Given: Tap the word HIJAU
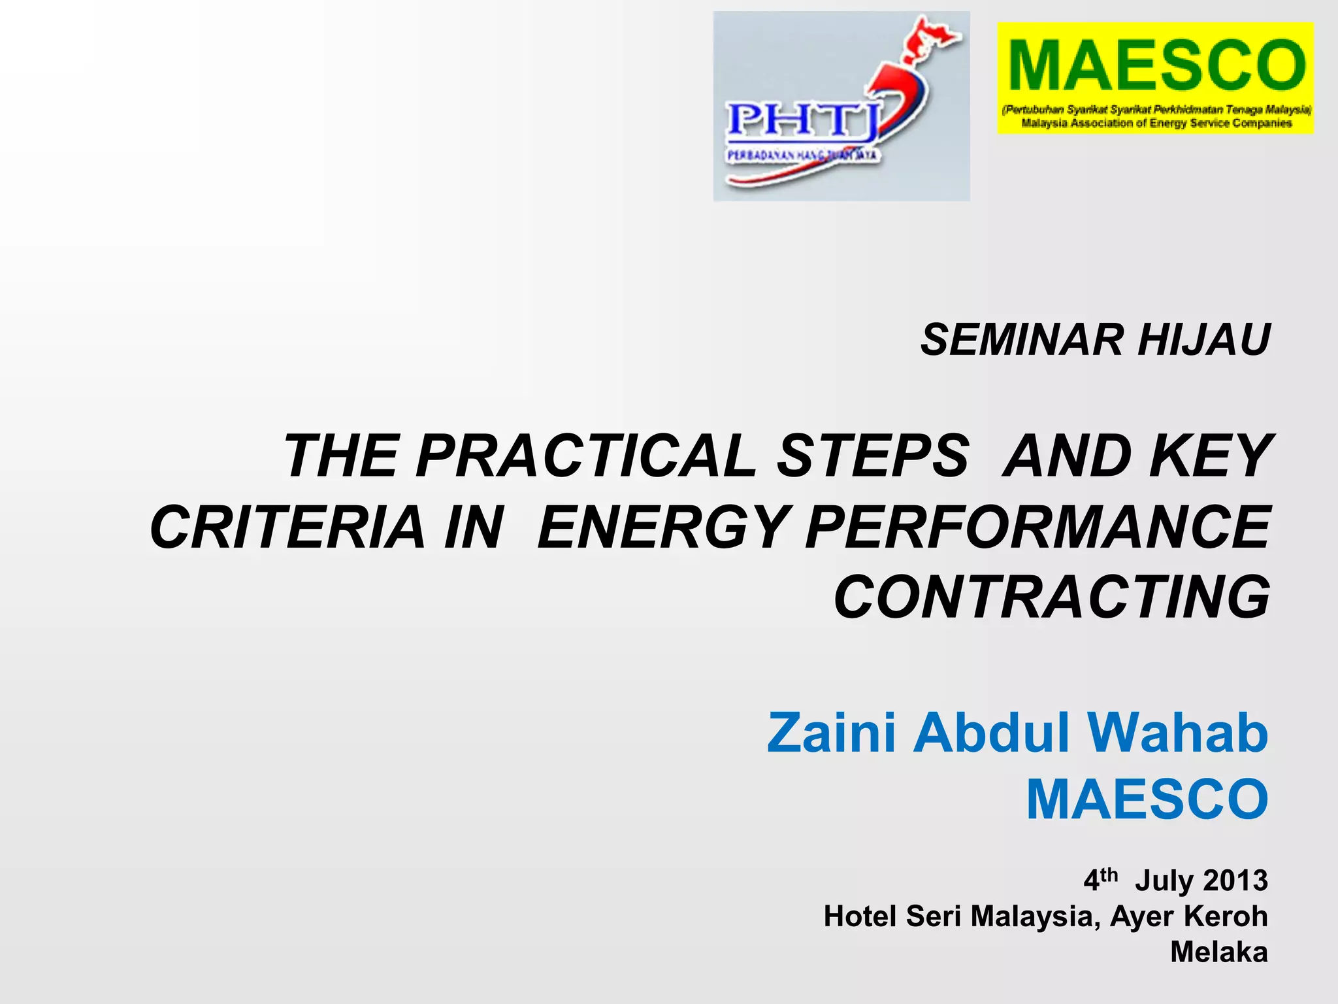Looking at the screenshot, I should (x=1203, y=341).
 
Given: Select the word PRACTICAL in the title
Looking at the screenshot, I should (x=585, y=456).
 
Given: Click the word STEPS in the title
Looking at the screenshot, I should (x=872, y=456).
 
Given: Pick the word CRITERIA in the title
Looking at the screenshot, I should (x=287, y=527).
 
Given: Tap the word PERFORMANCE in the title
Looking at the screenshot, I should (x=1039, y=527).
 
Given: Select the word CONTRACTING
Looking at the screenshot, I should (x=1052, y=597).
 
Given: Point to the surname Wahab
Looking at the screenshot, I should (x=1176, y=733).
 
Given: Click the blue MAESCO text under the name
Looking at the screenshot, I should (x=1147, y=801).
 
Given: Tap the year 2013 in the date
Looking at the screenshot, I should (x=1235, y=881).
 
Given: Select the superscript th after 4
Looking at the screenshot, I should (x=1109, y=875).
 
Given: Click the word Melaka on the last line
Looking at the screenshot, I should (x=1218, y=952).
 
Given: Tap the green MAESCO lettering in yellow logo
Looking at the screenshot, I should (x=1155, y=65).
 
